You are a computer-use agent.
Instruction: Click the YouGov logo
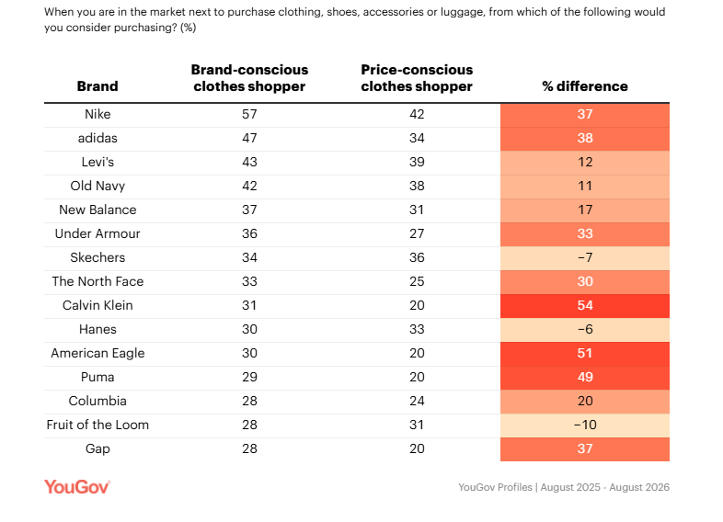(77, 487)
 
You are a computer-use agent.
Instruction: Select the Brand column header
(98, 86)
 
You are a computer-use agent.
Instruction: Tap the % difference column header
(585, 86)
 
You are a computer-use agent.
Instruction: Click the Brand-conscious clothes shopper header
(249, 78)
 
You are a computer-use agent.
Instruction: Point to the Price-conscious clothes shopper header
(417, 78)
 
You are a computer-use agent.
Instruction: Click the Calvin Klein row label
(98, 305)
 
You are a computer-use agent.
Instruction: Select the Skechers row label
(98, 257)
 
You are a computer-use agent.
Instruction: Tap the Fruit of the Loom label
(98, 425)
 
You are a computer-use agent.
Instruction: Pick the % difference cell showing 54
(585, 305)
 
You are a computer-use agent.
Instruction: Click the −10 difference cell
(585, 425)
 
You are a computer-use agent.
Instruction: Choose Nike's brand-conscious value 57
(249, 114)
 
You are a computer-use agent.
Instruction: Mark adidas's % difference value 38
(585, 138)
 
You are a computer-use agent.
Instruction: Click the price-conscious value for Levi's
(417, 162)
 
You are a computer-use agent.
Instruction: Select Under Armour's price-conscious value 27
(417, 233)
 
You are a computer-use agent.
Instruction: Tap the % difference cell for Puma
(585, 377)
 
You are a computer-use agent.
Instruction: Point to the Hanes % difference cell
(585, 329)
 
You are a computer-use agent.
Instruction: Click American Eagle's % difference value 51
(585, 353)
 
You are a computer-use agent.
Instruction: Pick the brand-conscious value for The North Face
(249, 281)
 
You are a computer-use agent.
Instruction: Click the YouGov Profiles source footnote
(564, 487)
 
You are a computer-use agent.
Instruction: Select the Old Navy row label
(98, 186)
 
